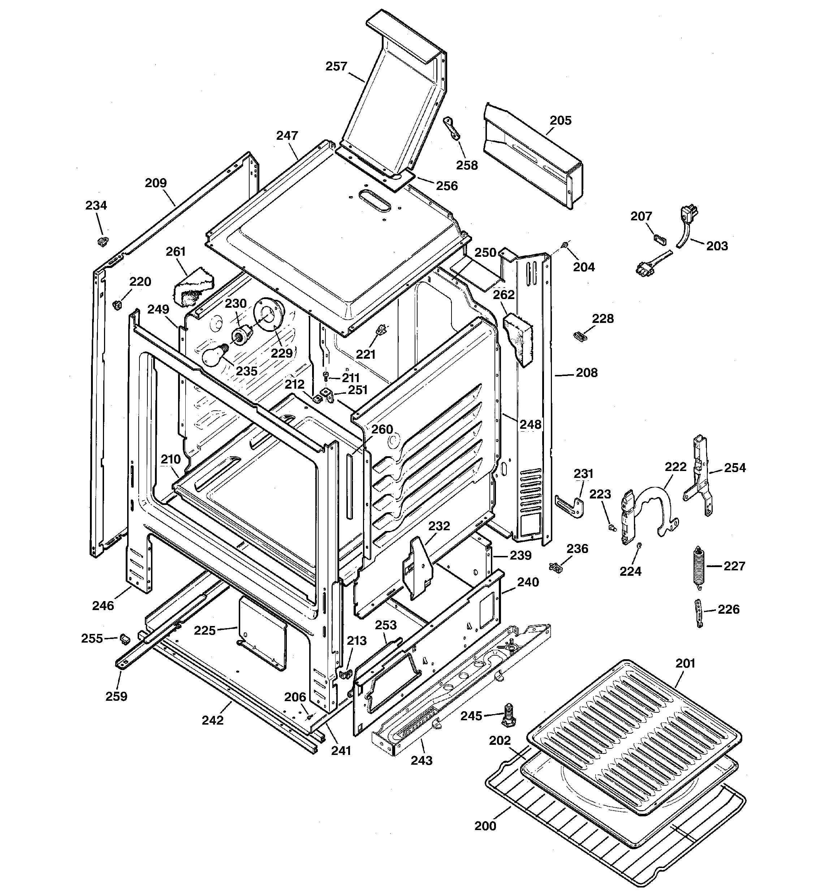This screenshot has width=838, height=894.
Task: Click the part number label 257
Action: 336,66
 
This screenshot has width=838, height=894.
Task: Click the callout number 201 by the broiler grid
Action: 685,663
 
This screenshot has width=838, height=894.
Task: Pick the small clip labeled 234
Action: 103,242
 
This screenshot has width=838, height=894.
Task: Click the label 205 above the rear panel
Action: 561,121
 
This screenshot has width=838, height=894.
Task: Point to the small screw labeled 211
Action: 325,375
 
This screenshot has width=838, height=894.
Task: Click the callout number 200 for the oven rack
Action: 485,826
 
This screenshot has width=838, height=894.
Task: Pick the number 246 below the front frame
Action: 103,606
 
